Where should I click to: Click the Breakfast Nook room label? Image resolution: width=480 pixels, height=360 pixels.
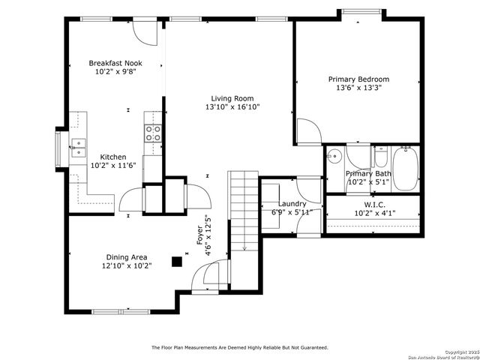click(x=115, y=64)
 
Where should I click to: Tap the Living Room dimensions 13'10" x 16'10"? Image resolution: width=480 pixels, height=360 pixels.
click(x=232, y=107)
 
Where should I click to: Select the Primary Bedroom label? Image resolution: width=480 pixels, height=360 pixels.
click(x=358, y=79)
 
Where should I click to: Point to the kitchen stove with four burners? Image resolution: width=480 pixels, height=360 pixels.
click(x=153, y=133)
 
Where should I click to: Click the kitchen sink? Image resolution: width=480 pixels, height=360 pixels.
click(x=78, y=146)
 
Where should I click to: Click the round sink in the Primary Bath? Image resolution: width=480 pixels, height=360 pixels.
click(x=335, y=157)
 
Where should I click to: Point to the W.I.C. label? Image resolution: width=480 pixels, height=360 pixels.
click(x=374, y=204)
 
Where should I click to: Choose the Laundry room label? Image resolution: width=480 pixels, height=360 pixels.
click(x=292, y=204)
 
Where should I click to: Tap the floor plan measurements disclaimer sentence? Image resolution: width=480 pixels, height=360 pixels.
click(x=240, y=347)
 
